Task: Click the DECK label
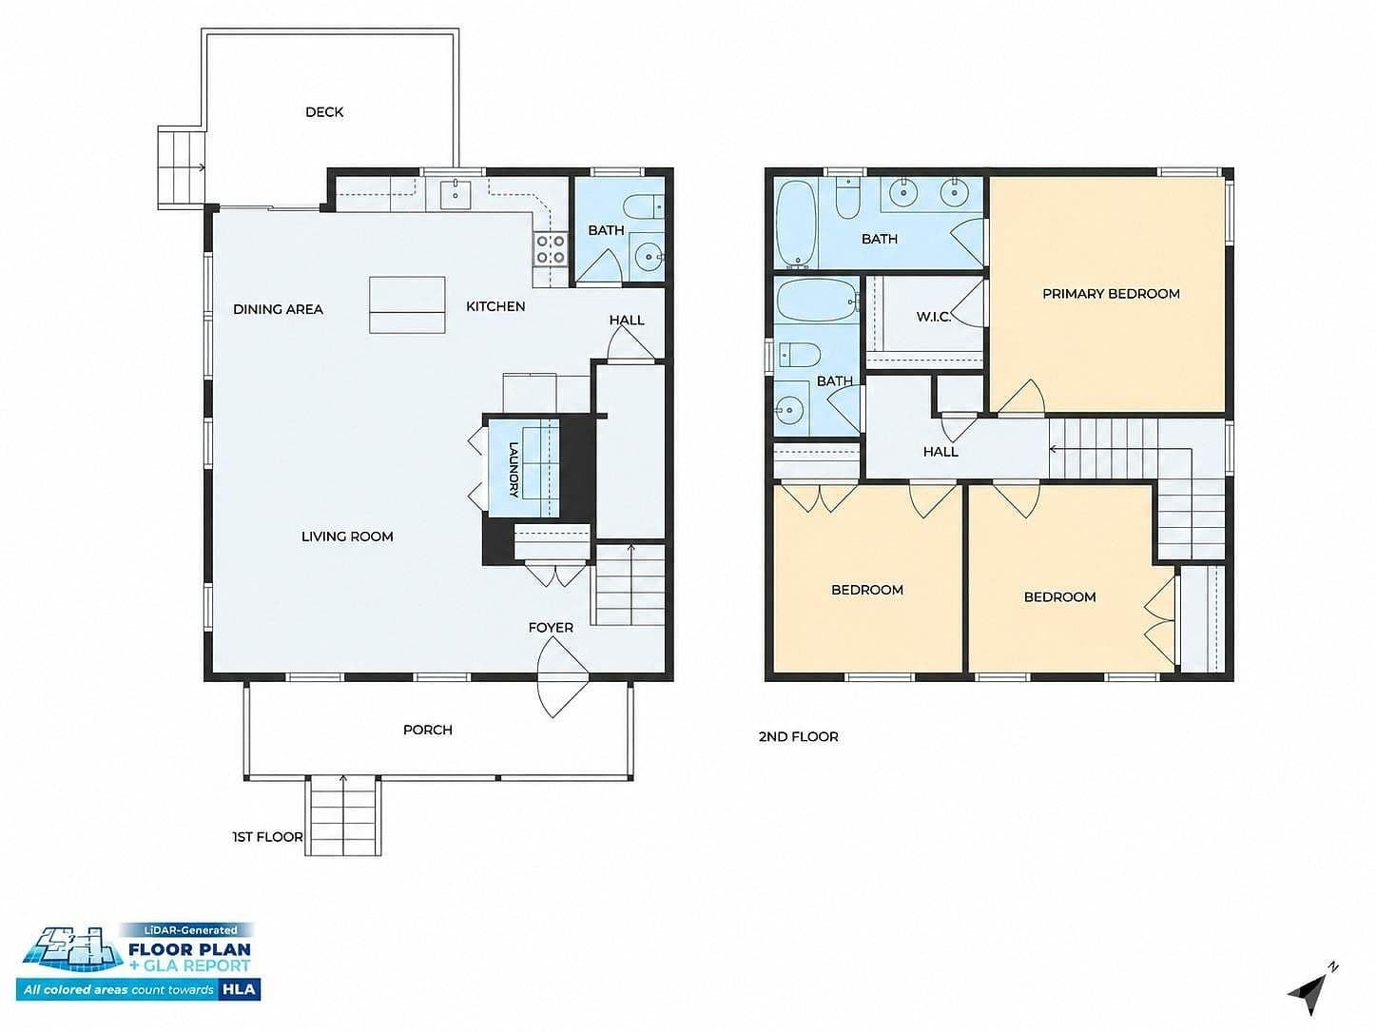coord(323,111)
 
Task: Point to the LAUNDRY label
coord(514,470)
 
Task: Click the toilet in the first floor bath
coord(645,206)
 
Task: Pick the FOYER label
coord(551,627)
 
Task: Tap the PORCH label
coord(427,730)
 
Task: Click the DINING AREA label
coord(278,309)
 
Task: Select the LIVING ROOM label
coord(347,536)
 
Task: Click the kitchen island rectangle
coord(407,304)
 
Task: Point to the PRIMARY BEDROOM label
coord(1111,294)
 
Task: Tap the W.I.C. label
coord(934,317)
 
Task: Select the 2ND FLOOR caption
coord(798,736)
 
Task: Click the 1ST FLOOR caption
coord(267,837)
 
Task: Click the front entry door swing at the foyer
coord(562,677)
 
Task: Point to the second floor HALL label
coord(941,451)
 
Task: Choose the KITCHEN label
coord(495,306)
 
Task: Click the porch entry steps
coord(343,816)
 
